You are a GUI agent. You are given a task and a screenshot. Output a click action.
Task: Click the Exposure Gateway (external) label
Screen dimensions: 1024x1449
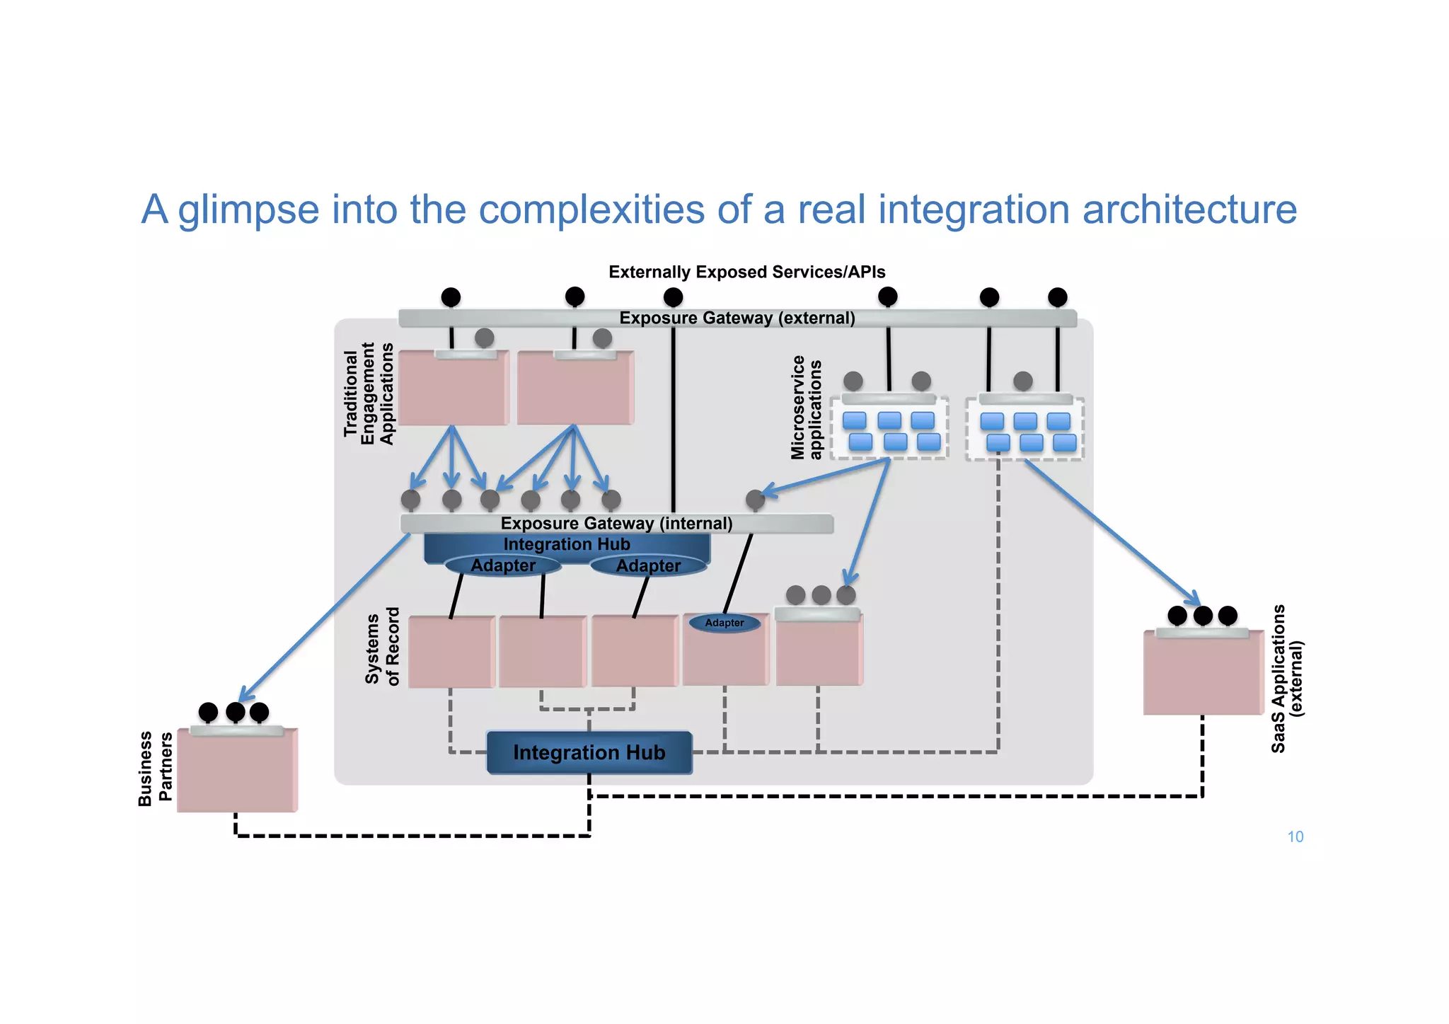[737, 318]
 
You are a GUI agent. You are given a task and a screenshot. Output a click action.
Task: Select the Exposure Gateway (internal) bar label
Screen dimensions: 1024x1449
[616, 523]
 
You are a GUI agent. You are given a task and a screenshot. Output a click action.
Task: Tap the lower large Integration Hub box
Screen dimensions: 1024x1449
[589, 752]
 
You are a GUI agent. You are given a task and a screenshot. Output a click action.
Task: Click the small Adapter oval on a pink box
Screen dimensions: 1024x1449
[724, 623]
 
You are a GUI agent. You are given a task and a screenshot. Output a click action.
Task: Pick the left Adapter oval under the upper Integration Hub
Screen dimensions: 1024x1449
[503, 565]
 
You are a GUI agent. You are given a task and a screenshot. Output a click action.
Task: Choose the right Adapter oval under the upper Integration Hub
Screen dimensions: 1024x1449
[648, 565]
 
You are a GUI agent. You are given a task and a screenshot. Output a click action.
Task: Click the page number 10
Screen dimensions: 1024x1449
[1295, 836]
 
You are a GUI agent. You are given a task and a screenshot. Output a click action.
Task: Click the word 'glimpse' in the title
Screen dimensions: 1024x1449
[248, 210]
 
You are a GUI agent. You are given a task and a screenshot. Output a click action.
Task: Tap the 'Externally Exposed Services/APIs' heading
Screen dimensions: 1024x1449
[746, 272]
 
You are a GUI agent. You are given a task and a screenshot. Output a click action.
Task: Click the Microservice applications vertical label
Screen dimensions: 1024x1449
[806, 408]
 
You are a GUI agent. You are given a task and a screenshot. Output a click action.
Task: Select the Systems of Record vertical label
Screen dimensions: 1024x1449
[382, 647]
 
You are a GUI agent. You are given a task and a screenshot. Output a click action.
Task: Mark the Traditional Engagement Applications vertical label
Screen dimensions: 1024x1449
[368, 393]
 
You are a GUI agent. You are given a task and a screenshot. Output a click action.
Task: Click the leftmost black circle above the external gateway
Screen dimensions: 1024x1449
[451, 297]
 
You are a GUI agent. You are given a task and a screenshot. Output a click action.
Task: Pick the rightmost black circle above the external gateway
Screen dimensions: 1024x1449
[1057, 297]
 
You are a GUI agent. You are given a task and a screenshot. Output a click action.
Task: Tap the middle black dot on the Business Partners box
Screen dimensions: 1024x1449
[235, 712]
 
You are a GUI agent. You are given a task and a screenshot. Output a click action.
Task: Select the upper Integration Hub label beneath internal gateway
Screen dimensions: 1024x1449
[566, 544]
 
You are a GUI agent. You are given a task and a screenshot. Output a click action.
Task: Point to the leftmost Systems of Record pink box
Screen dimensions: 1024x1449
[451, 651]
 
